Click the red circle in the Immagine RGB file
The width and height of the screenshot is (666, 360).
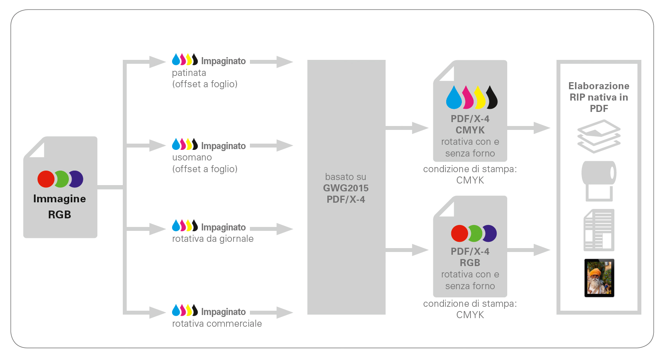46,179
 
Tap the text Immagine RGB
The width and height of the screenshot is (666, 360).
59,206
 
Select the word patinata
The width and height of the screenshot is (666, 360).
189,73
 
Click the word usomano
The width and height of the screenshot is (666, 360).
192,157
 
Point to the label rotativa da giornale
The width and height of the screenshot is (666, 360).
213,239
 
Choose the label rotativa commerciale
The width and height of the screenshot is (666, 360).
217,324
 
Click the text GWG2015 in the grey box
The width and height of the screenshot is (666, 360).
346,188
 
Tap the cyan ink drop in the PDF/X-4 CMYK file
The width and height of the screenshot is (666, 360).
454,98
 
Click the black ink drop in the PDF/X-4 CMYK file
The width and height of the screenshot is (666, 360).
492,98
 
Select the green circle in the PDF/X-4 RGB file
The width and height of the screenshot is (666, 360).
475,234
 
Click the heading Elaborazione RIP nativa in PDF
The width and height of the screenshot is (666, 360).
599,97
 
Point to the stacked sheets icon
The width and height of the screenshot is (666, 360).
599,136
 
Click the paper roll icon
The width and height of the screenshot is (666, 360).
599,180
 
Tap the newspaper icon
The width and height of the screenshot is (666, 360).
599,230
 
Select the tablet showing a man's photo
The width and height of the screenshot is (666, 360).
599,278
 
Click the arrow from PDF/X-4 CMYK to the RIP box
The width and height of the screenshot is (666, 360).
529,128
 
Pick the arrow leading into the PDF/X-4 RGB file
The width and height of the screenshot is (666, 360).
407,250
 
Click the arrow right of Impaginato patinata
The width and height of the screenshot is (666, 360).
271,61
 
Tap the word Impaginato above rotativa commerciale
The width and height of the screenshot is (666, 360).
223,312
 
